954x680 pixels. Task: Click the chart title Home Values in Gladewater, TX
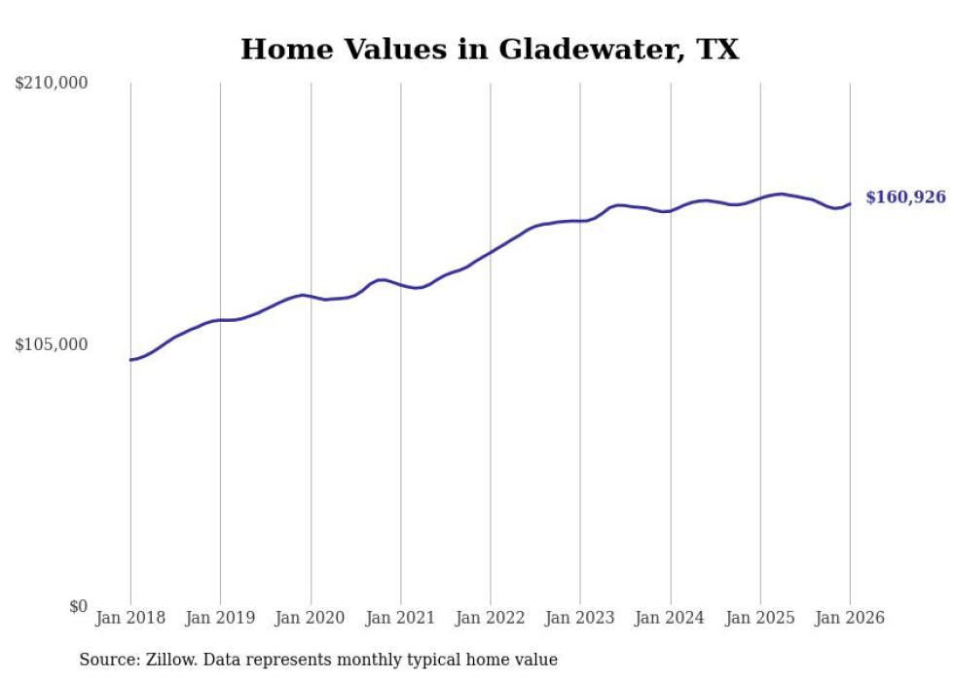pyautogui.click(x=490, y=49)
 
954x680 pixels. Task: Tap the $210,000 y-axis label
pyautogui.click(x=52, y=84)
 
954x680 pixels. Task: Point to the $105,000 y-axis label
pyautogui.click(x=52, y=344)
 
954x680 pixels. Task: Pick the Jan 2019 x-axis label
pyautogui.click(x=220, y=618)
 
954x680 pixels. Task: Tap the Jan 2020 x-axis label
pyautogui.click(x=311, y=618)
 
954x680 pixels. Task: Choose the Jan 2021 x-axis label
pyautogui.click(x=400, y=618)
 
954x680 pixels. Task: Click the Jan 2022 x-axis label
pyautogui.click(x=491, y=618)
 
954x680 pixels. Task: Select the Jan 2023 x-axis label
pyautogui.click(x=580, y=618)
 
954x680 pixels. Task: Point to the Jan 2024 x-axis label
pyautogui.click(x=670, y=618)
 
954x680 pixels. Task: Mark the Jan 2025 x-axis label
pyautogui.click(x=760, y=618)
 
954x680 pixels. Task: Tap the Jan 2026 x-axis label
pyautogui.click(x=850, y=618)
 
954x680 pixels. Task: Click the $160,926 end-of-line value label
pyautogui.click(x=905, y=197)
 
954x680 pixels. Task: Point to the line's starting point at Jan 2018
pyautogui.click(x=130, y=360)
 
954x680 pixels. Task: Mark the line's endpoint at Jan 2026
pyautogui.click(x=850, y=203)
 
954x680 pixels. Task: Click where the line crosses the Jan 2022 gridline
pyautogui.click(x=491, y=251)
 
